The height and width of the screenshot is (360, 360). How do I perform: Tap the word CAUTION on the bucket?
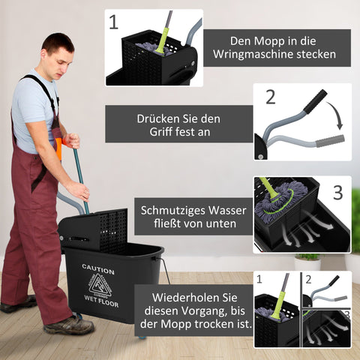(x=98, y=269)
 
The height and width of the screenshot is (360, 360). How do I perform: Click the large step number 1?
(x=114, y=22)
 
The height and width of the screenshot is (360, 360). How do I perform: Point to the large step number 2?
(x=271, y=97)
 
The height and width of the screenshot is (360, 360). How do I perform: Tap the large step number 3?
(x=337, y=192)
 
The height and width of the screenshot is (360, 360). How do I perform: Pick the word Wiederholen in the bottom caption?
(x=181, y=296)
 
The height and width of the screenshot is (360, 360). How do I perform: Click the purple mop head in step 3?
(x=280, y=201)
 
